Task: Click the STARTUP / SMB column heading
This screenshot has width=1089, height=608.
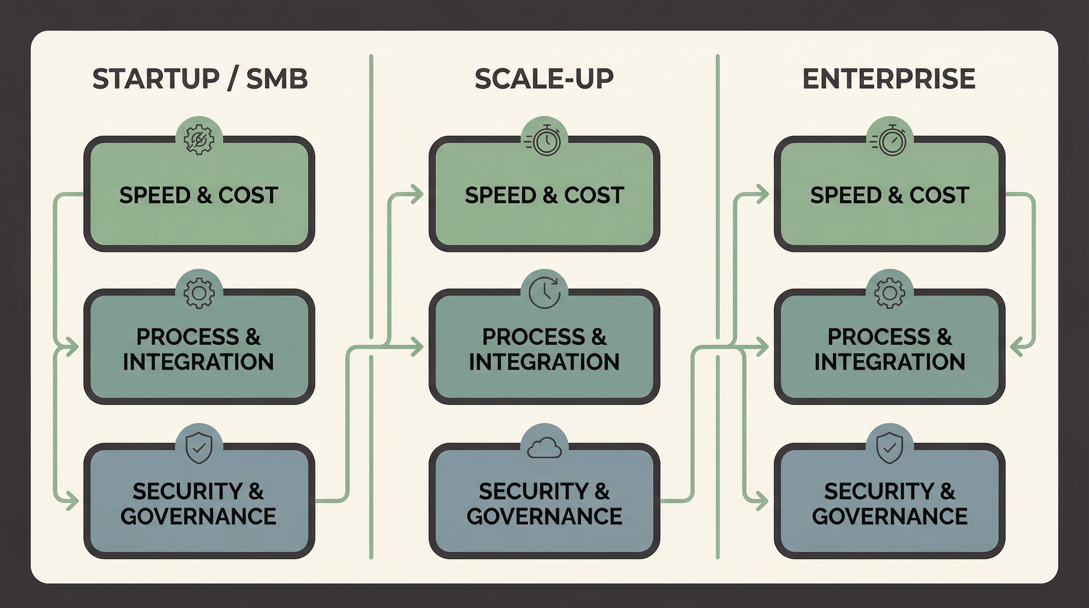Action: tap(199, 79)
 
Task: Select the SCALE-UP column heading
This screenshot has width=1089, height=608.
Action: tap(544, 79)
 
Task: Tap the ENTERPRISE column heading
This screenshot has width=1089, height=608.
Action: tap(889, 79)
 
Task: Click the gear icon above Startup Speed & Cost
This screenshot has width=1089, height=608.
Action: tap(199, 139)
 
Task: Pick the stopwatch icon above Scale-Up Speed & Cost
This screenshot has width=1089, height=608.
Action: tap(544, 141)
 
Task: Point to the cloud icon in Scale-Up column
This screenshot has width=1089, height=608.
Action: tap(544, 448)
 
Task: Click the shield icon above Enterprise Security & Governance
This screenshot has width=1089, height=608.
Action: tap(890, 447)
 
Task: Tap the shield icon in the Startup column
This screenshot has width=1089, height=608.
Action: tap(199, 447)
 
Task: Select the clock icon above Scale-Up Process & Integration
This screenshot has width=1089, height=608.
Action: tap(544, 293)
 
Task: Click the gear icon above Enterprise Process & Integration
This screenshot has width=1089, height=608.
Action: tap(890, 293)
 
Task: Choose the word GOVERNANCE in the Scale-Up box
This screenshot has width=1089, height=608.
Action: tap(544, 516)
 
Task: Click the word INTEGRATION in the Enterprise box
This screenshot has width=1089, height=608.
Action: tap(890, 362)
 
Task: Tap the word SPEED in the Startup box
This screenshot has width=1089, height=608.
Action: tap(155, 195)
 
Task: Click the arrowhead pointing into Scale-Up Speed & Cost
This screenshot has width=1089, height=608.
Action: tap(418, 194)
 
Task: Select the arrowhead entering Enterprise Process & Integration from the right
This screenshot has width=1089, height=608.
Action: tap(1016, 347)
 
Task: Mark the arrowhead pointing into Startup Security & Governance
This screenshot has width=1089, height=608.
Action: tap(73, 502)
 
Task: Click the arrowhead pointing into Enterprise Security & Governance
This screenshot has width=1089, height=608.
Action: tap(763, 502)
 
